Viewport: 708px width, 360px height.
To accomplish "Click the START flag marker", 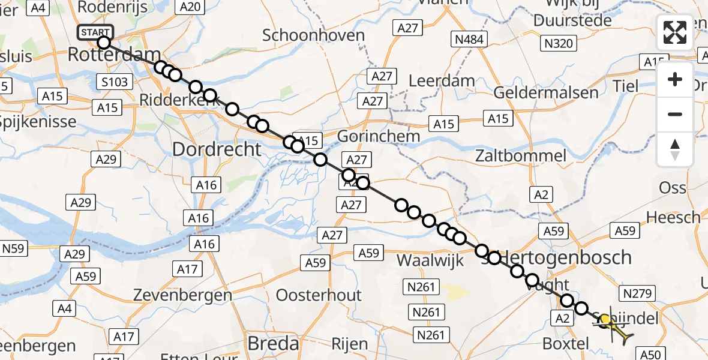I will click(95, 32).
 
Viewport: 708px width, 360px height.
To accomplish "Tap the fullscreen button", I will click(675, 32).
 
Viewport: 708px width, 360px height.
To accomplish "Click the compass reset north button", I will click(675, 149).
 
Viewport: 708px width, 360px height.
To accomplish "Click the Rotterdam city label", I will click(113, 54).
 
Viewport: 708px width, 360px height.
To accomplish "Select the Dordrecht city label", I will click(217, 149).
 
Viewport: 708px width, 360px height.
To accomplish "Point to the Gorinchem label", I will click(378, 136).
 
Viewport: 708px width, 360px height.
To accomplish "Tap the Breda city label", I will click(274, 343).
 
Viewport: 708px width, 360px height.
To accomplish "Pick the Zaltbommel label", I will click(520, 156).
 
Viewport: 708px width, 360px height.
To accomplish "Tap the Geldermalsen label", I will click(546, 92).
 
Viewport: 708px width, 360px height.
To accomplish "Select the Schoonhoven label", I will click(313, 35).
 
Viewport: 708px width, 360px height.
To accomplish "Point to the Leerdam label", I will click(441, 80).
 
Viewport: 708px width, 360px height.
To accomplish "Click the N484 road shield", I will click(469, 40).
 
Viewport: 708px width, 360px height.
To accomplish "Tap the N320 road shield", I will click(559, 43).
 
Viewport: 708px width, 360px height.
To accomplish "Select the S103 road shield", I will click(114, 81).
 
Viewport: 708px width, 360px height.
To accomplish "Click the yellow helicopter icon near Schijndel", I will click(613, 326).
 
